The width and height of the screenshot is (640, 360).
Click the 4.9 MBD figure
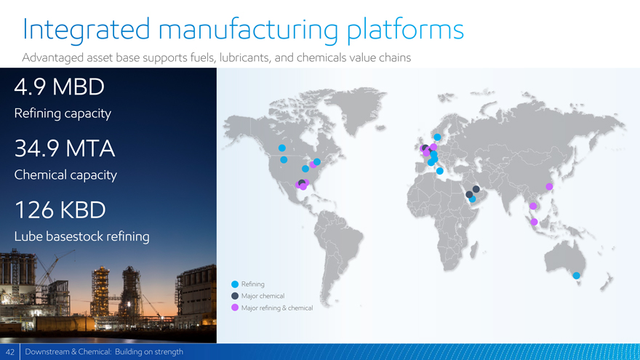59,87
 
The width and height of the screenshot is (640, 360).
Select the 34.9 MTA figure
65,148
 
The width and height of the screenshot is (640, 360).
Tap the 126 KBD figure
60,209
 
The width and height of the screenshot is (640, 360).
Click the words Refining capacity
63,113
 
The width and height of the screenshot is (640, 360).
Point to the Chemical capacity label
65,175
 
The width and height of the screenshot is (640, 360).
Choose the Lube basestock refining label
81,236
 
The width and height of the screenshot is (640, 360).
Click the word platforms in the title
405,31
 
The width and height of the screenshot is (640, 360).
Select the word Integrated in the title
87,29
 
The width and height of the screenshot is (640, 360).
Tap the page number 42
10,352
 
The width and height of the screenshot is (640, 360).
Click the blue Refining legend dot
235,284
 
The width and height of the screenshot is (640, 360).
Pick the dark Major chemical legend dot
235,296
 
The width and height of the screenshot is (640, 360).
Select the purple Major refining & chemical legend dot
235,308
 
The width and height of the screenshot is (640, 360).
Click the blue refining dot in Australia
576,276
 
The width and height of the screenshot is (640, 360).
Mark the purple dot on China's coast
549,186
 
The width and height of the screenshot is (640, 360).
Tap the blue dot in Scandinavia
437,137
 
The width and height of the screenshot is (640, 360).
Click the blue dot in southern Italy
439,171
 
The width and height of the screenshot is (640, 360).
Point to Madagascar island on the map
473,249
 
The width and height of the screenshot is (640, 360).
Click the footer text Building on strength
149,352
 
